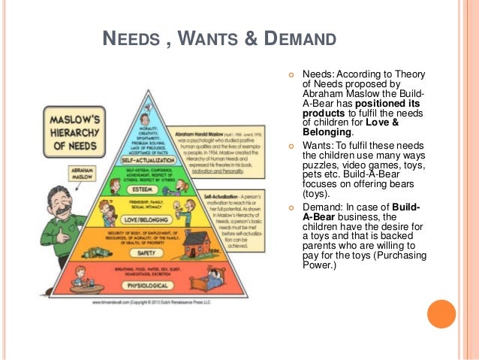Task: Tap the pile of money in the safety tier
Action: click(91, 247)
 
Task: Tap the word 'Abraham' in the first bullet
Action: click(323, 94)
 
